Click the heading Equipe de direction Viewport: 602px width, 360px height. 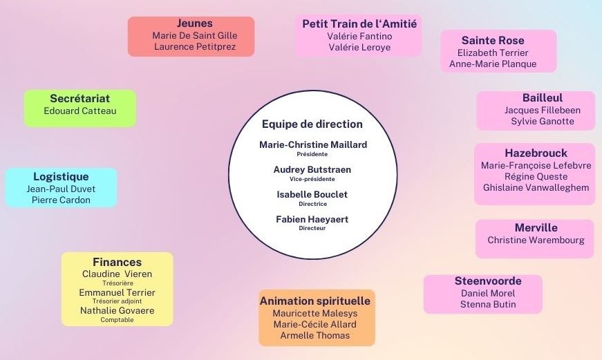tap(312, 124)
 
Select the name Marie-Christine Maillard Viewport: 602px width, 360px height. tap(313, 144)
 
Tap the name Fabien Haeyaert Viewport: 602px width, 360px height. tap(312, 219)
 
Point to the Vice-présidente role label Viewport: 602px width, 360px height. tap(312, 179)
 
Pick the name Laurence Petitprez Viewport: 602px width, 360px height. tap(195, 47)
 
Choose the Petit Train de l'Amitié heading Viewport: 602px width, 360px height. tap(359, 23)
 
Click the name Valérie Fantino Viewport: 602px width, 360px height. tap(359, 36)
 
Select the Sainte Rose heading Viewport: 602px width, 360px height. tap(493, 40)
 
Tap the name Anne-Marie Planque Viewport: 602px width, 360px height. tap(493, 64)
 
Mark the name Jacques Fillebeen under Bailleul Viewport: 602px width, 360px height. tap(543, 110)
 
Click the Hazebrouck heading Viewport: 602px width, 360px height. tap(536, 153)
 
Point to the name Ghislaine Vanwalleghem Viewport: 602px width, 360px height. tap(536, 187)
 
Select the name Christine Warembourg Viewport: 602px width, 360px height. tap(536, 240)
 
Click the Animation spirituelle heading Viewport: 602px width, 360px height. tap(315, 301)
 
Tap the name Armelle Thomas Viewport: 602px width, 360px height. tap(315, 335)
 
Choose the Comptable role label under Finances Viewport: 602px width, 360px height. tap(117, 320)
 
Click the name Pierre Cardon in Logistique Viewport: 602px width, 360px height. tap(61, 200)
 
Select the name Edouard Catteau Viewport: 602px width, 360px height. tap(80, 111)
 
